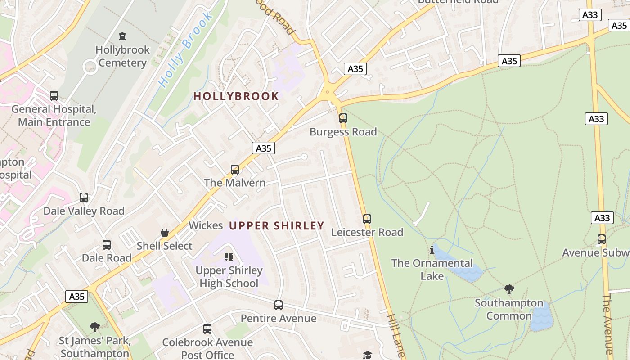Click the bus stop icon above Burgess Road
click(x=343, y=118)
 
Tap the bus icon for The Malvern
click(x=235, y=170)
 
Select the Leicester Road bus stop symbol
click(x=367, y=219)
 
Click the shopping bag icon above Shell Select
click(x=165, y=233)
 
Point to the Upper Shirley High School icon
click(x=229, y=257)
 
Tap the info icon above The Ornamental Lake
click(x=432, y=250)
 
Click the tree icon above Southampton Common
click(x=509, y=289)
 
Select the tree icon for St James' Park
click(x=94, y=327)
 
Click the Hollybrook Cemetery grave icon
click(x=122, y=36)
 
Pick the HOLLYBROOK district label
click(x=236, y=96)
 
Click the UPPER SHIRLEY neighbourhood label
click(x=277, y=225)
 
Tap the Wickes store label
click(x=206, y=225)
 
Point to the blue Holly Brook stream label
click(x=185, y=49)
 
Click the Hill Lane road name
click(x=396, y=335)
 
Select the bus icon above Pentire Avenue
click(x=279, y=305)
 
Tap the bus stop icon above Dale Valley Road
click(x=84, y=198)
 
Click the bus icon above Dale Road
click(x=107, y=245)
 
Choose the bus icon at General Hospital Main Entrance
click(x=54, y=96)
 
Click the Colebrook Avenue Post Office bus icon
click(x=207, y=329)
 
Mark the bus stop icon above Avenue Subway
click(x=602, y=239)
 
